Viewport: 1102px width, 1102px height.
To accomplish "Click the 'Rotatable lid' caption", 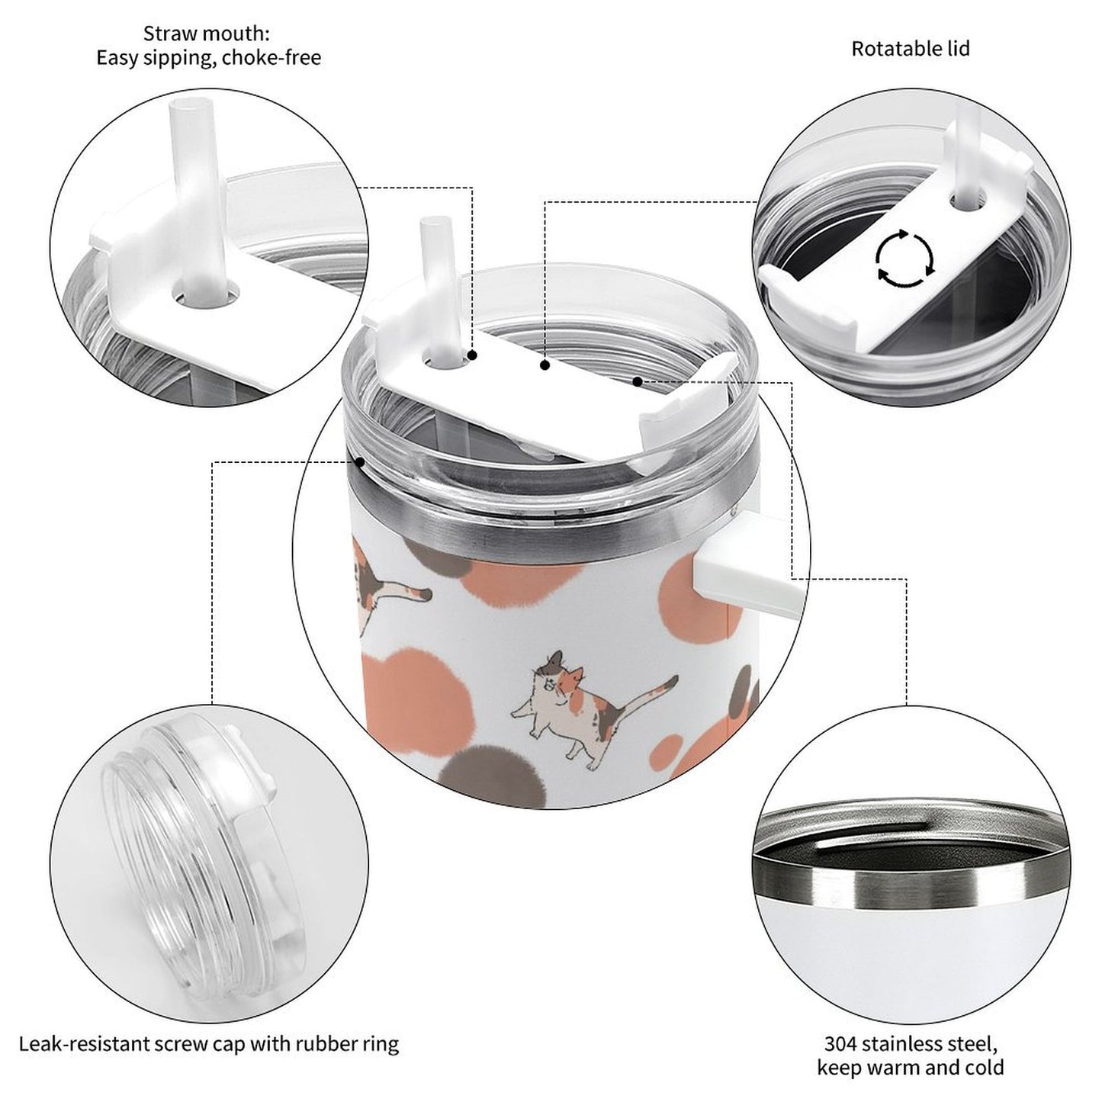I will [910, 49].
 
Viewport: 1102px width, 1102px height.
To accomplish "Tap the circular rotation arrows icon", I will [904, 259].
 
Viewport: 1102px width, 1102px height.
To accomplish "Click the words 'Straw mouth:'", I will [207, 34].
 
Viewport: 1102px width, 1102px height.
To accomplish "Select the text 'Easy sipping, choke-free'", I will [208, 58].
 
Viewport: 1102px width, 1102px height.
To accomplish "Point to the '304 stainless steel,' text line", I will [910, 1043].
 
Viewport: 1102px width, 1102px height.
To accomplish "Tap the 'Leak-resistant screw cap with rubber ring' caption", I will [209, 1043].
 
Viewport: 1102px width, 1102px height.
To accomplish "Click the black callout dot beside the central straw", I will [472, 355].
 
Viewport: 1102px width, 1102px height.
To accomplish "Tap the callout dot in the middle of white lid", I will [545, 365].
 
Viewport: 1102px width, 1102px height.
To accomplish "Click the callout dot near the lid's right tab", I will [637, 380].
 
